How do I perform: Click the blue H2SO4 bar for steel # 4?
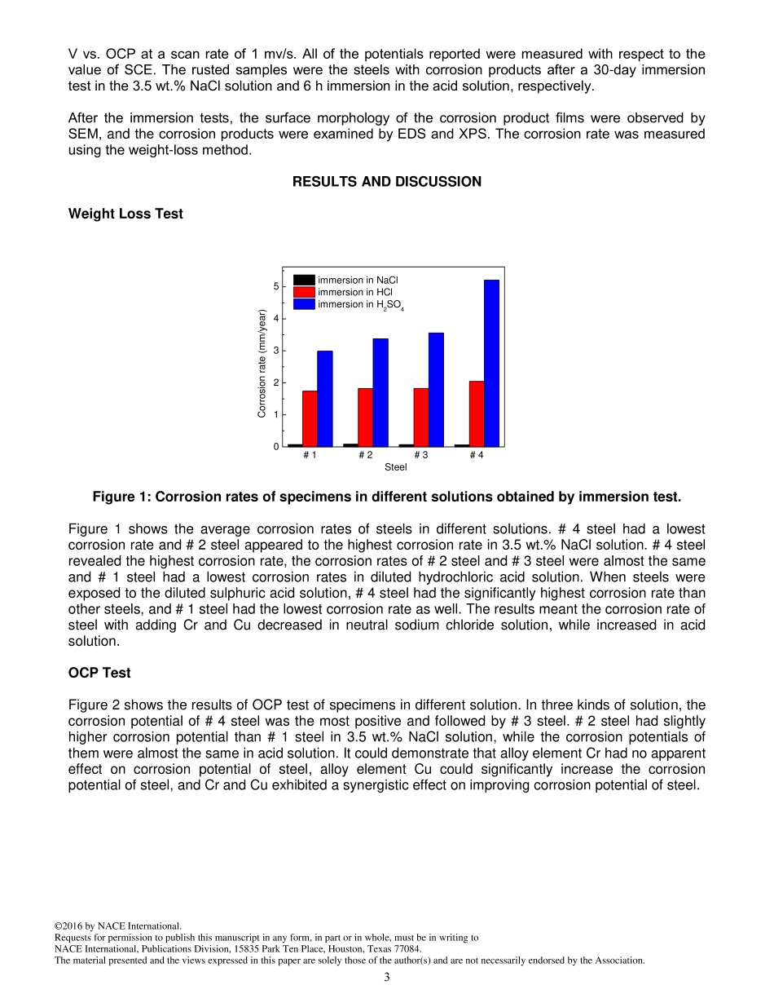(x=491, y=363)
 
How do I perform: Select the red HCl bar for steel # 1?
(x=310, y=418)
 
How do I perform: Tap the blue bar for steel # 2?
(x=380, y=392)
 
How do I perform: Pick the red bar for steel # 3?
(x=421, y=417)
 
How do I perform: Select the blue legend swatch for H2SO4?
(x=304, y=304)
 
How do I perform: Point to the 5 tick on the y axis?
(x=276, y=286)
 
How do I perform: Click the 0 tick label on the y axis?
(x=276, y=447)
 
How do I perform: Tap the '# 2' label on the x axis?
(x=366, y=455)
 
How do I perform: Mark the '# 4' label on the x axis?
(x=477, y=455)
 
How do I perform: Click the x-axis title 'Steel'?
(x=395, y=467)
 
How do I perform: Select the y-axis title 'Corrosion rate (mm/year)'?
(x=262, y=363)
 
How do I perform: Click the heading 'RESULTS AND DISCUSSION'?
(x=386, y=182)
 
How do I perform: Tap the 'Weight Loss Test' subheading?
(x=125, y=214)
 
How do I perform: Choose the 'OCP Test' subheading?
(x=99, y=673)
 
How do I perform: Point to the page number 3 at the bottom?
(x=387, y=977)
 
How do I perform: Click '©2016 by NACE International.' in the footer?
(x=117, y=926)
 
